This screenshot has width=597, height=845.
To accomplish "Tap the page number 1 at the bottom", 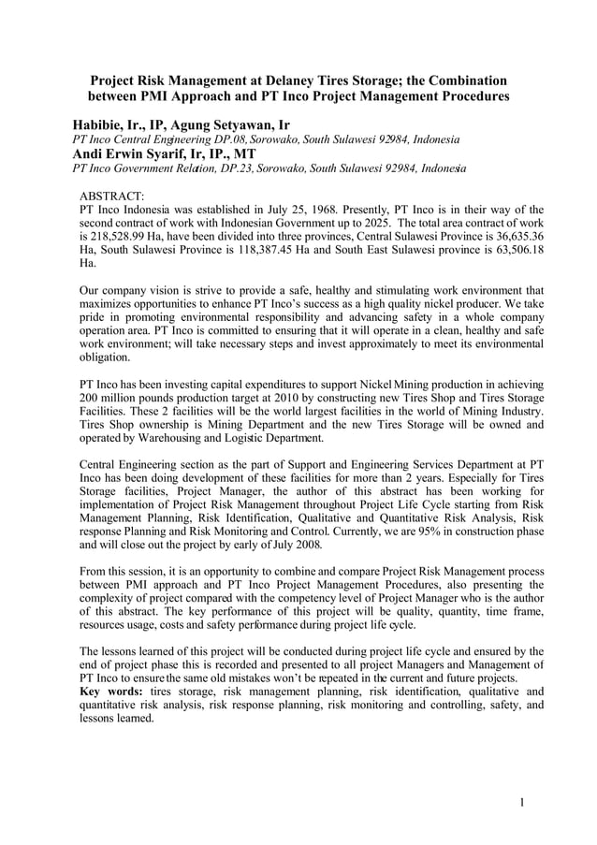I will coord(522,802).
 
